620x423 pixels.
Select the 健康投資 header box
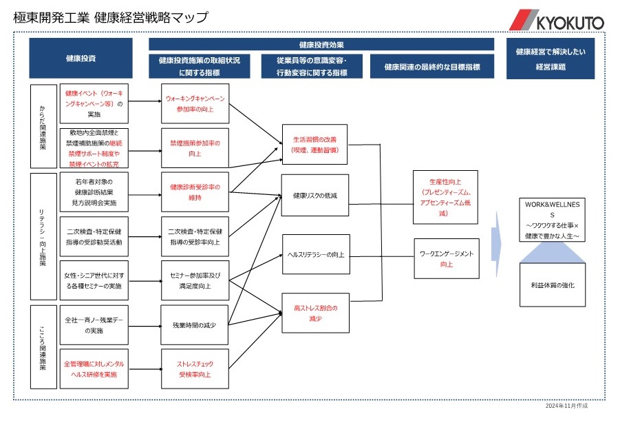[x=81, y=59]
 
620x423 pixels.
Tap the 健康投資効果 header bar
[x=321, y=44]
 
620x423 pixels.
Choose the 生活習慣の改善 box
[x=315, y=144]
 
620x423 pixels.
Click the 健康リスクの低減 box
[x=315, y=196]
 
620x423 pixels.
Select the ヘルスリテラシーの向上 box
[x=315, y=254]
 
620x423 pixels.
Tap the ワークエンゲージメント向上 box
[x=446, y=258]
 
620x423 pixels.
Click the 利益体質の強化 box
[x=553, y=285]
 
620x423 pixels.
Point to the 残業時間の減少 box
[x=194, y=324]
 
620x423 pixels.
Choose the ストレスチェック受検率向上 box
[x=194, y=369]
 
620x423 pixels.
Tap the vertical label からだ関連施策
[x=43, y=125]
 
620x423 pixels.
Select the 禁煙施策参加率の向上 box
[x=194, y=148]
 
